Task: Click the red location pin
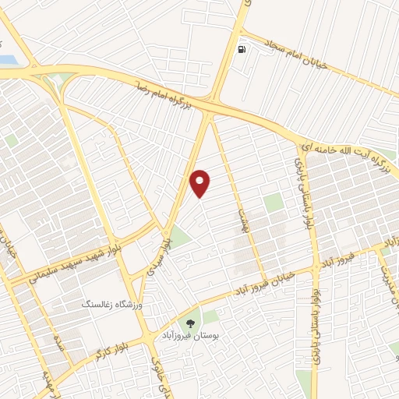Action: pyautogui.click(x=200, y=182)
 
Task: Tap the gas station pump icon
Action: pyautogui.click(x=242, y=50)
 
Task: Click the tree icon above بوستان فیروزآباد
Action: pyautogui.click(x=189, y=320)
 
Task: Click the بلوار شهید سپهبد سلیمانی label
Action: pyautogui.click(x=65, y=262)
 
